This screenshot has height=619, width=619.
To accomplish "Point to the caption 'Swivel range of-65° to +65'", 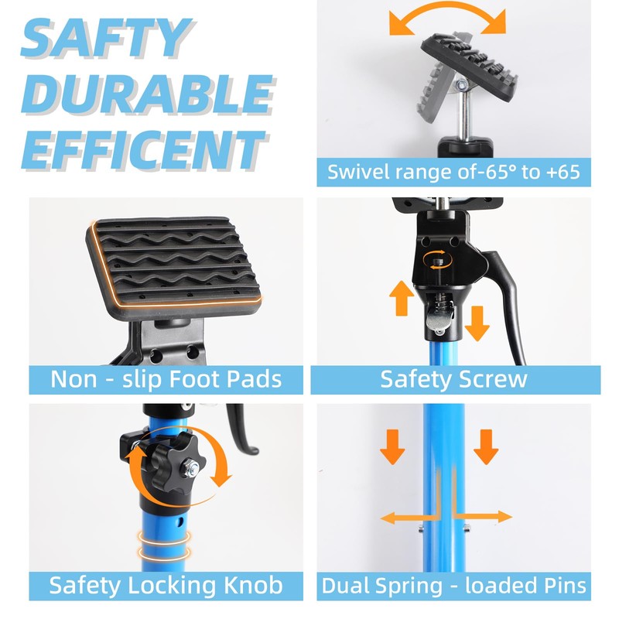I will tap(453, 172).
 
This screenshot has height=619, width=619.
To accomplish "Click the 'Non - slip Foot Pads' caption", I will tap(166, 379).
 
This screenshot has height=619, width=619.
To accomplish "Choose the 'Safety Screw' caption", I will tap(453, 379).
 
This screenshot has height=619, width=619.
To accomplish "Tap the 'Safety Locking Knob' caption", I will tap(166, 584).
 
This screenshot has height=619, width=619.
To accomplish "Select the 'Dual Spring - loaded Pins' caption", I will tap(453, 584).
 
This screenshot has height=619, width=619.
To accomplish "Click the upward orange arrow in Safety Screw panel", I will tap(400, 298).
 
